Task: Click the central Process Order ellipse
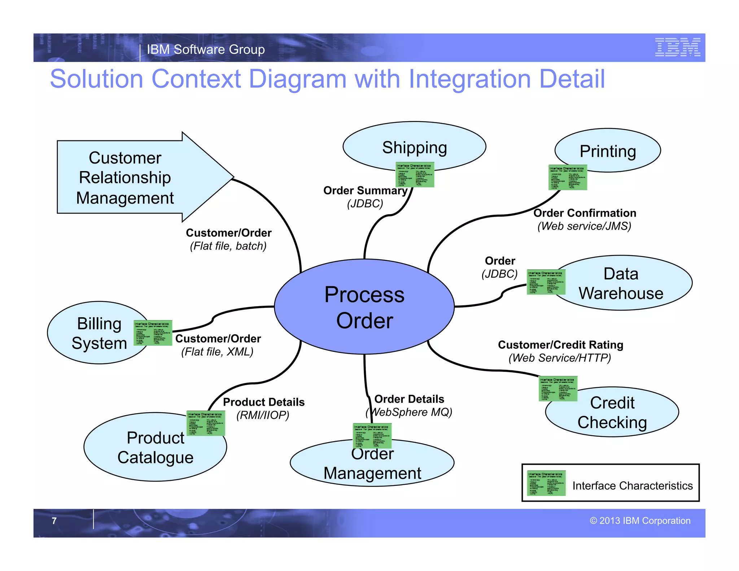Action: point(364,307)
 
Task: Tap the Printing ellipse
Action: point(608,150)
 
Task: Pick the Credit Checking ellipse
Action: point(612,413)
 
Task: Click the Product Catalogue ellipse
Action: point(155,448)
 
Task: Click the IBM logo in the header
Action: point(678,47)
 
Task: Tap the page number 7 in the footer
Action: point(54,521)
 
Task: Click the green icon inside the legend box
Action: point(546,483)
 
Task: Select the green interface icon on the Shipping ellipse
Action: point(415,175)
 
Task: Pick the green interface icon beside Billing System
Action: point(153,333)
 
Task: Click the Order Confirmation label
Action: point(585,213)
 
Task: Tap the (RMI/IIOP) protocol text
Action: point(263,415)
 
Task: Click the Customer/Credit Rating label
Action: point(560,345)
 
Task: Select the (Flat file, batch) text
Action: point(228,246)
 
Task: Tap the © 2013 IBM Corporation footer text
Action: point(640,521)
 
